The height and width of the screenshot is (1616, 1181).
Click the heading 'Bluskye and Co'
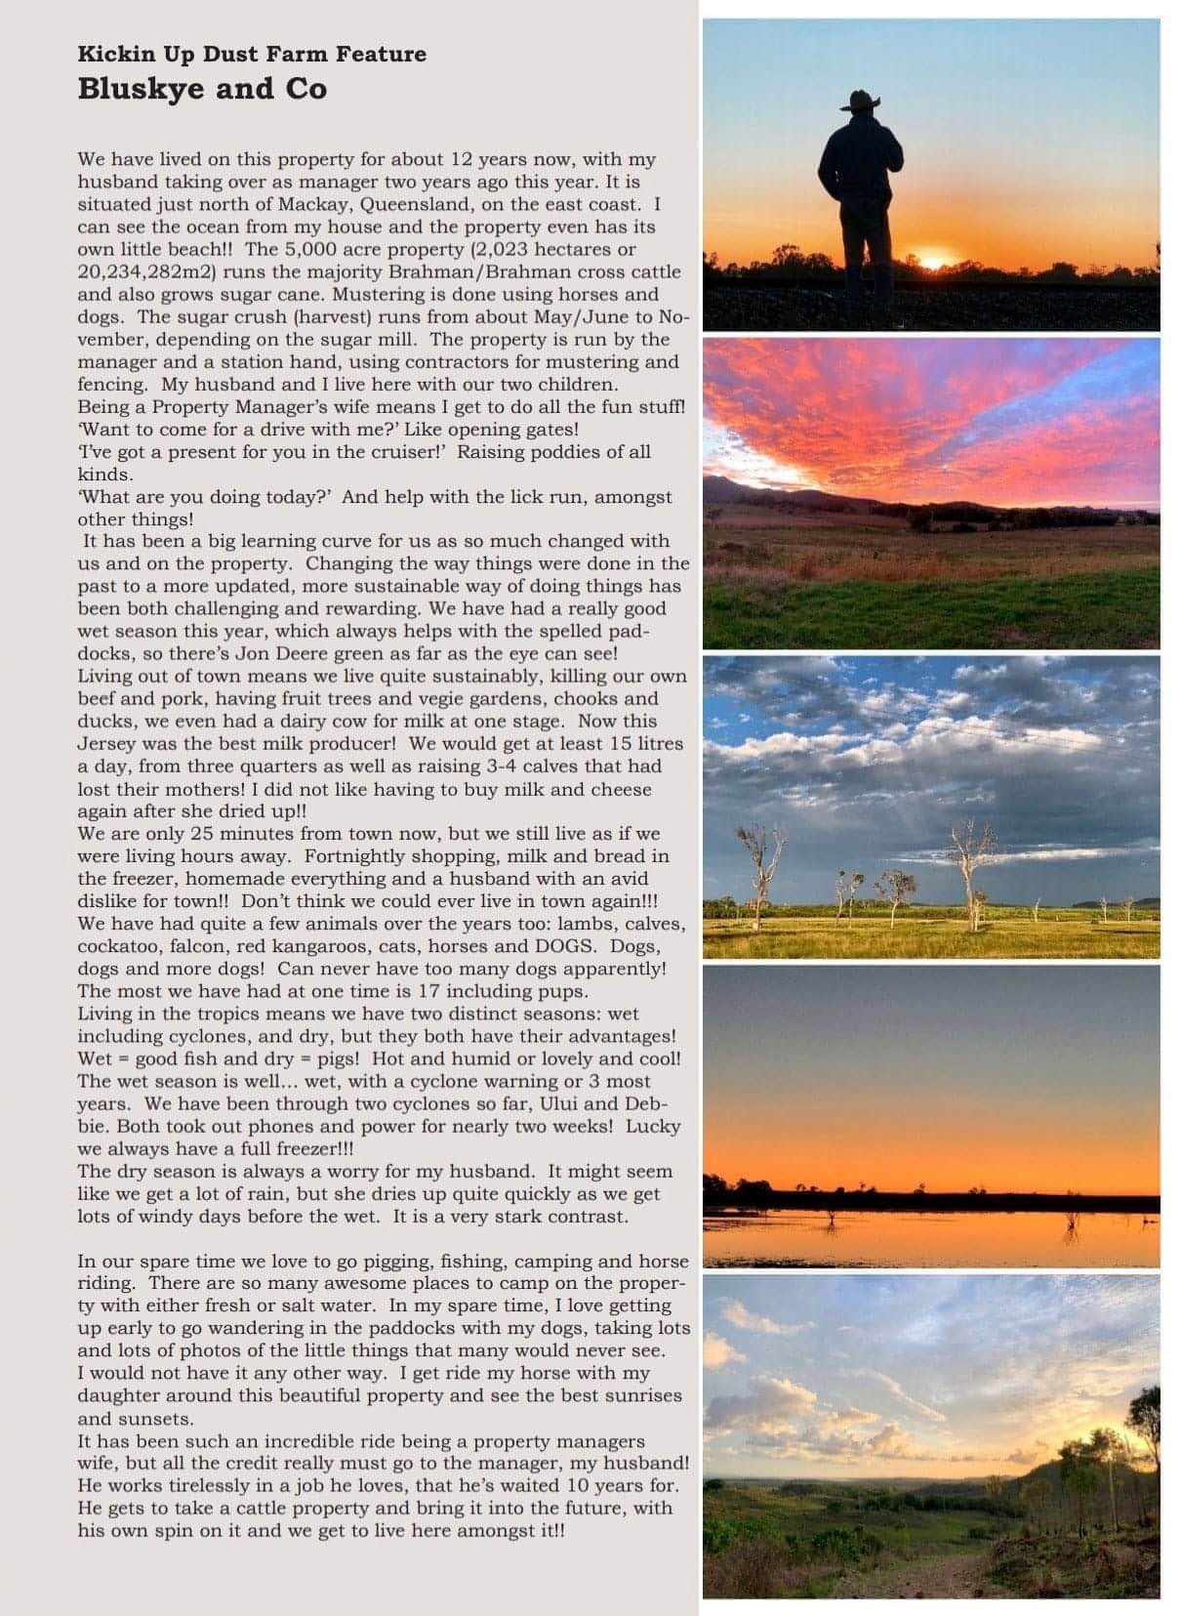pos(202,89)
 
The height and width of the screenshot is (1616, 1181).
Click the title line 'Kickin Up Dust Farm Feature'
pos(252,54)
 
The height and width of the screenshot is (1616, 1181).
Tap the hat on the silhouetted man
pos(862,101)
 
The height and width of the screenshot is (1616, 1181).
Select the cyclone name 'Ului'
pos(562,1103)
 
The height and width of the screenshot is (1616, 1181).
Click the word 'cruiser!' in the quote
pos(402,452)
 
